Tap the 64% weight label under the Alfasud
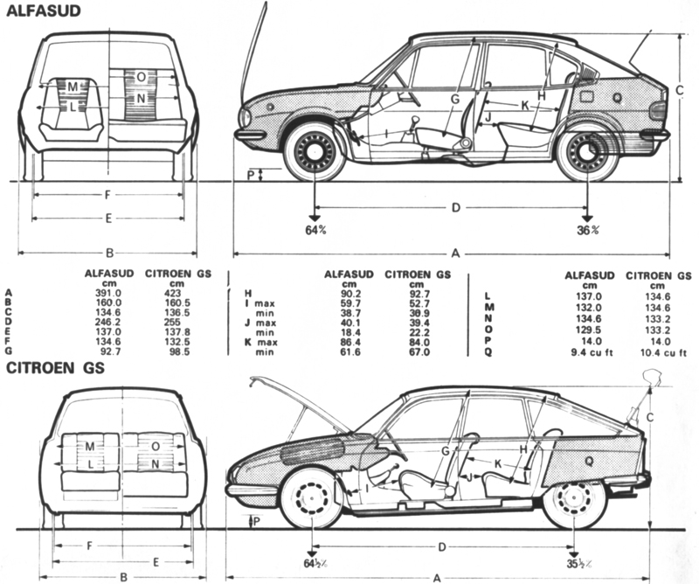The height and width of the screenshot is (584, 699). click(315, 230)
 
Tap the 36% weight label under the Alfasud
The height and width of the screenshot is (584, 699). click(588, 230)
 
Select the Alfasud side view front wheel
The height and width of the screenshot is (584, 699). click(314, 153)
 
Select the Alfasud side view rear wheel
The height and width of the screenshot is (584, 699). click(587, 154)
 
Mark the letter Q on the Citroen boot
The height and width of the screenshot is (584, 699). click(589, 457)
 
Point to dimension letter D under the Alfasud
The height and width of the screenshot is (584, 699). click(454, 207)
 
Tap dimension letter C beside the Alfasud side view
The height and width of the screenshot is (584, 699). click(678, 90)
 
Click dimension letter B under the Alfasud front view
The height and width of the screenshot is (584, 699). click(109, 254)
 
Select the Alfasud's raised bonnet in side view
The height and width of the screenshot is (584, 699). click(256, 44)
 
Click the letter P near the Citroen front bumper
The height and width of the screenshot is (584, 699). click(254, 521)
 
